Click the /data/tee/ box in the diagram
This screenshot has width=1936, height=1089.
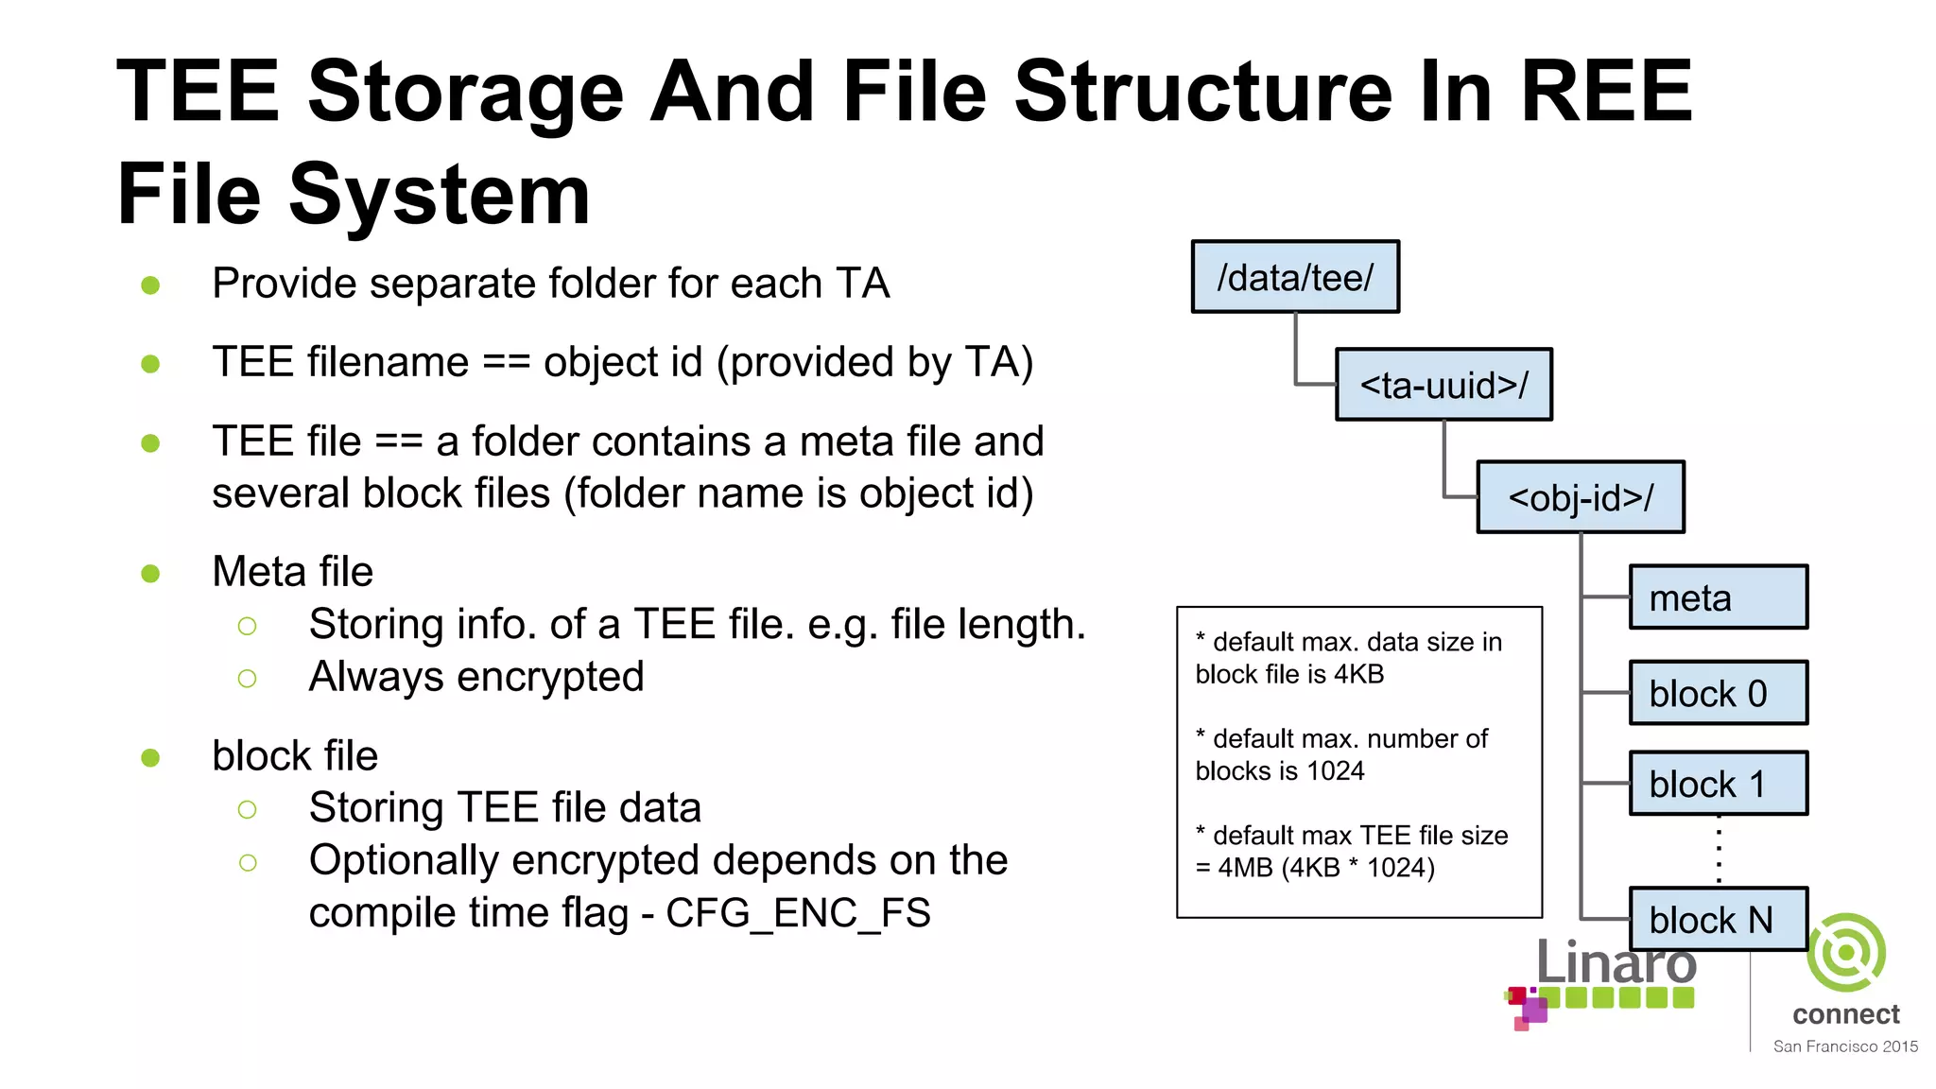click(x=1295, y=277)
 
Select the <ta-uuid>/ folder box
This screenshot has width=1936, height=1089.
click(x=1443, y=385)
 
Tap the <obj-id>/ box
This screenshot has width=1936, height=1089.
click(x=1581, y=497)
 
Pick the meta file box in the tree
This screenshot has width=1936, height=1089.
click(x=1718, y=597)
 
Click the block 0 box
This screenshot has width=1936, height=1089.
click(x=1718, y=693)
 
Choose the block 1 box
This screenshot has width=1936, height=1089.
click(x=1718, y=784)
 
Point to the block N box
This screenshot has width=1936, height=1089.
click(x=1718, y=919)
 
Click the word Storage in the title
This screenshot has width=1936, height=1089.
click(x=465, y=92)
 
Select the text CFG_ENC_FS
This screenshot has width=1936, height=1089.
click(x=798, y=913)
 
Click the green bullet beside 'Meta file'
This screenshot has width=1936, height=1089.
click(x=150, y=573)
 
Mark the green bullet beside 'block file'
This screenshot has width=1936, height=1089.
click(x=150, y=757)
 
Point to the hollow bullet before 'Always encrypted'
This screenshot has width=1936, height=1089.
click(x=248, y=678)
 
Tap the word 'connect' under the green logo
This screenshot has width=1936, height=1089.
click(x=1845, y=1014)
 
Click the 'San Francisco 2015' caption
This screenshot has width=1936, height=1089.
click(x=1845, y=1046)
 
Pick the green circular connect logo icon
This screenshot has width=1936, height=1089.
click(x=1846, y=953)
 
